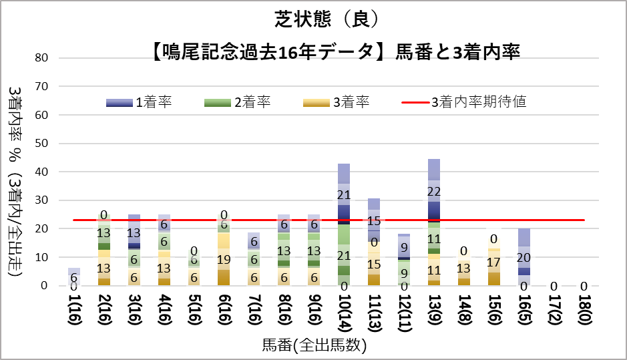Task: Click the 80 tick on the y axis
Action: [x=42, y=58]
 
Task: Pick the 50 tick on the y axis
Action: [x=42, y=144]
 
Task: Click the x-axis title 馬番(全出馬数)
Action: [x=314, y=346]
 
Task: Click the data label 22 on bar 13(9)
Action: [x=433, y=192]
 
